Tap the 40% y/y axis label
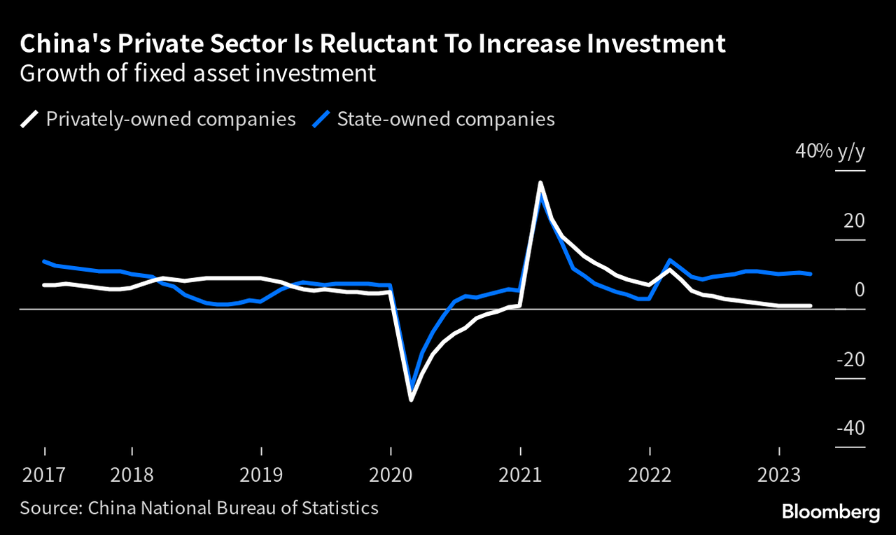click(x=829, y=151)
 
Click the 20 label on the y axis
click(x=855, y=221)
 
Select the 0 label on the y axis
click(x=860, y=290)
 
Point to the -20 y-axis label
click(x=850, y=359)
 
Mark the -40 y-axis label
click(x=850, y=428)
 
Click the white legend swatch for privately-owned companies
click(x=29, y=119)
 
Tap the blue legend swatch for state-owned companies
click(x=321, y=119)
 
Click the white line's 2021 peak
click(x=540, y=183)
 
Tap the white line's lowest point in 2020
click(x=411, y=400)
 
